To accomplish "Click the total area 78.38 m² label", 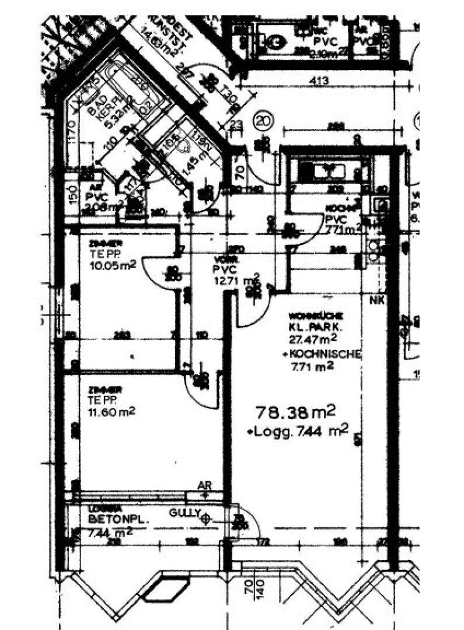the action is pyautogui.click(x=296, y=413).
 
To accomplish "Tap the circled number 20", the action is pyautogui.click(x=264, y=122).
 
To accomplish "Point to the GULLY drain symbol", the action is pyautogui.click(x=205, y=517).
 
